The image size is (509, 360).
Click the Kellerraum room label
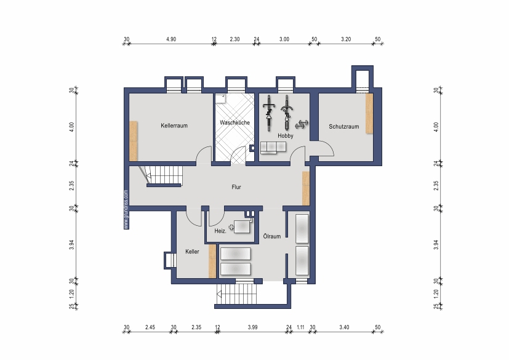click(x=174, y=126)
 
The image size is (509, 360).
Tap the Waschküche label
click(x=234, y=122)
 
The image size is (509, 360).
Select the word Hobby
click(x=286, y=135)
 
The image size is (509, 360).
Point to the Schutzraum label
click(x=344, y=127)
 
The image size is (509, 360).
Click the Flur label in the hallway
click(x=236, y=187)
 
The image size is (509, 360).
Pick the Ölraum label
click(x=271, y=236)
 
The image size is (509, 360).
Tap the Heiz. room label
click(x=220, y=231)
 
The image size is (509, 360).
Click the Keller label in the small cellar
click(x=192, y=252)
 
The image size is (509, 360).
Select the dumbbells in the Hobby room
click(x=302, y=124)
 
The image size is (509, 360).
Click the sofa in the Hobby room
click(x=273, y=148)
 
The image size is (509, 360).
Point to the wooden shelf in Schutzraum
click(x=369, y=113)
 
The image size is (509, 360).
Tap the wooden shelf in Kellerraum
click(x=134, y=141)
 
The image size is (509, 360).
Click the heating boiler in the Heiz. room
click(x=242, y=227)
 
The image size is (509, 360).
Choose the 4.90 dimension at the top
click(x=171, y=39)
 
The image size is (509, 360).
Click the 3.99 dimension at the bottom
click(x=252, y=327)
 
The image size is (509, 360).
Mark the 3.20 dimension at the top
click(x=346, y=39)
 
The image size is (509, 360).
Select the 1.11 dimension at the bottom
click(x=300, y=327)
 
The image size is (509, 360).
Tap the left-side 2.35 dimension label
click(x=72, y=186)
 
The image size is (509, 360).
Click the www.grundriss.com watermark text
click(x=126, y=210)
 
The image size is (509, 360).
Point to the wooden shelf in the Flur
click(x=306, y=188)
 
